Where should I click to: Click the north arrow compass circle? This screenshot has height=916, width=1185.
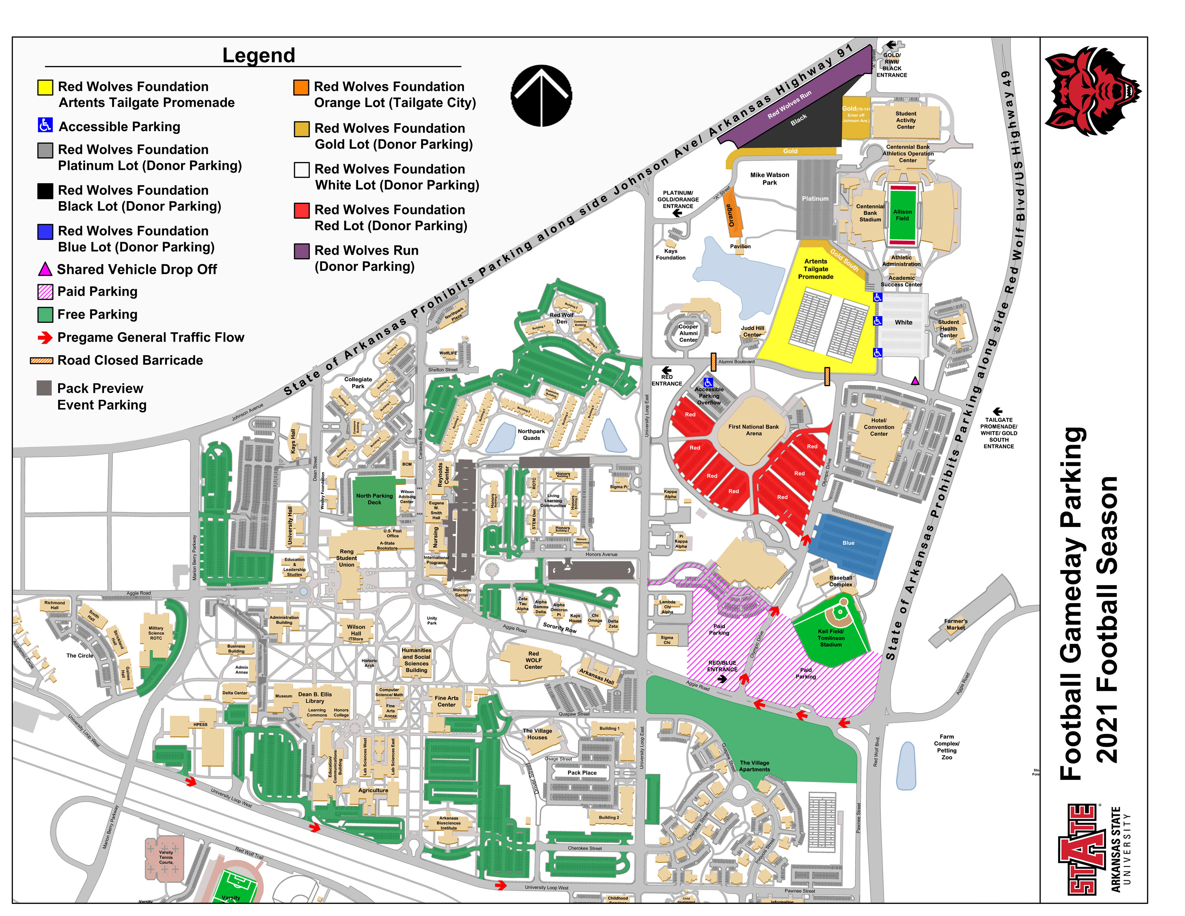[x=541, y=96]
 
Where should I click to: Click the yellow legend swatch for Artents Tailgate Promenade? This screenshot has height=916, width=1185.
[x=45, y=87]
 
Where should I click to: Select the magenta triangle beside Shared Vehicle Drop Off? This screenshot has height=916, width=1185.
[x=45, y=269]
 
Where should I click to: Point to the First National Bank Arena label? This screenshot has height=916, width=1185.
[x=753, y=430]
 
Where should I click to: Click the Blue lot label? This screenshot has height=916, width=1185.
[x=848, y=543]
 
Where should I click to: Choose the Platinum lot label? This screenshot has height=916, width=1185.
[x=815, y=199]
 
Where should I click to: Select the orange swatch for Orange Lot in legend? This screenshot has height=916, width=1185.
[x=301, y=87]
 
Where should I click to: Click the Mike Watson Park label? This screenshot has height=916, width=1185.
[x=770, y=179]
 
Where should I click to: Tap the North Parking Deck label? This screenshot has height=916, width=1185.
[x=375, y=499]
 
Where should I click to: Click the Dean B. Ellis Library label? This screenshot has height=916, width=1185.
[x=315, y=697]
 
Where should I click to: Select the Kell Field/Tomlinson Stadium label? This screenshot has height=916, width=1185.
[x=831, y=638]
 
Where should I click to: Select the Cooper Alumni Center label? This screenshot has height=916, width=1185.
[x=688, y=333]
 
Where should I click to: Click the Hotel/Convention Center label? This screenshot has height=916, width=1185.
[x=879, y=427]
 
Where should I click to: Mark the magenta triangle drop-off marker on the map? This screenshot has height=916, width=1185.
[x=915, y=381]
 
